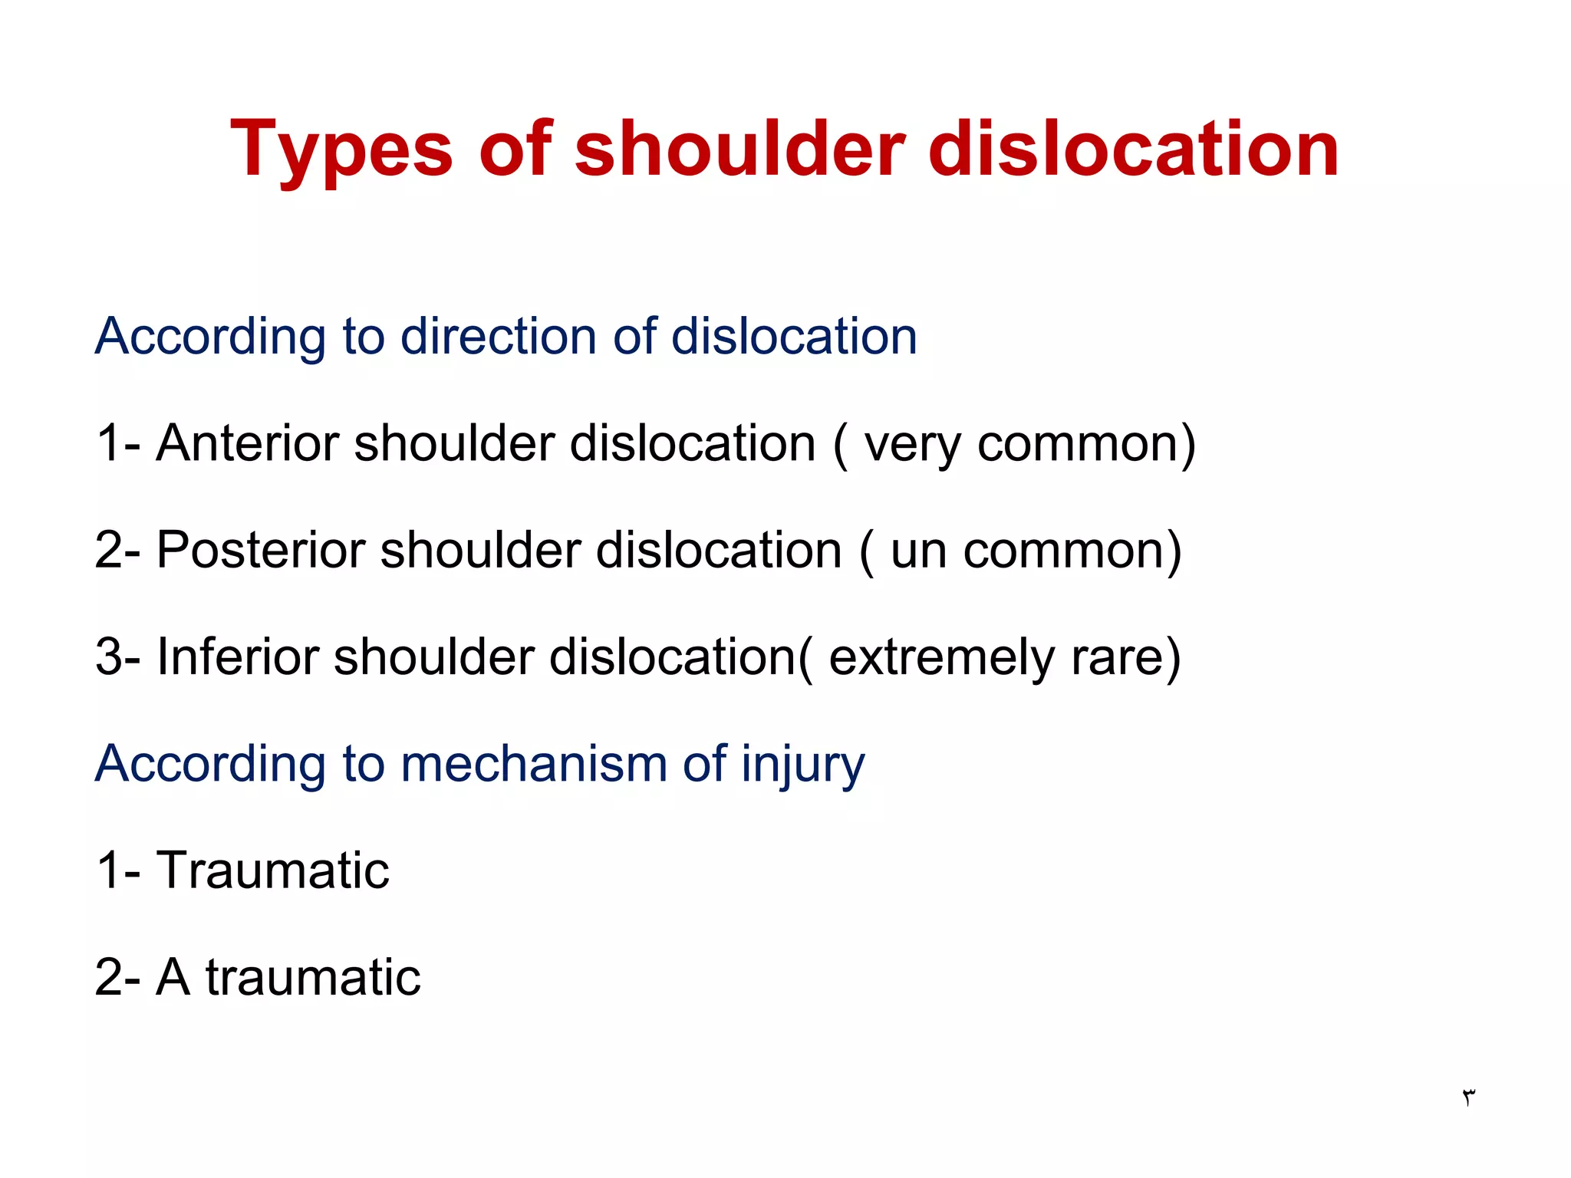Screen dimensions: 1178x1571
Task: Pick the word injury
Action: pos(802,765)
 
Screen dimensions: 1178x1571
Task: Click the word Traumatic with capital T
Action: pos(273,870)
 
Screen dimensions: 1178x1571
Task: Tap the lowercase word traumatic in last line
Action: pos(313,977)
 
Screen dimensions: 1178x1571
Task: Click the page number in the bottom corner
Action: pos(1468,1097)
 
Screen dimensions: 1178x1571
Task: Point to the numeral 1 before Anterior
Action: pos(108,443)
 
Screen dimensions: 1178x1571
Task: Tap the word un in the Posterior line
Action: pos(917,551)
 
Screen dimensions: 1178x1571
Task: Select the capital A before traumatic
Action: pos(173,977)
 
